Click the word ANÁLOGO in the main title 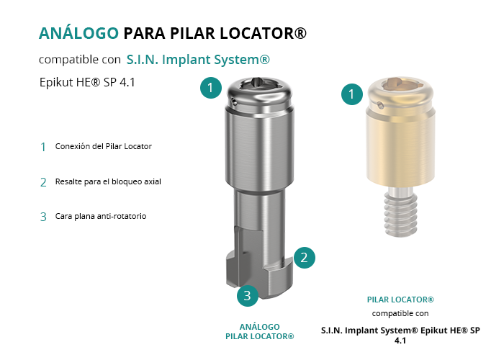tap(78, 33)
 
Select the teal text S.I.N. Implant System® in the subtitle tap(198, 60)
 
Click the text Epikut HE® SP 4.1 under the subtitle tap(87, 82)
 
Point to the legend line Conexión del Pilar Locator tap(103, 146)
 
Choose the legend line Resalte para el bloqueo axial tap(108, 181)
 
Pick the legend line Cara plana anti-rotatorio tap(101, 216)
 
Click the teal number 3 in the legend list tap(43, 217)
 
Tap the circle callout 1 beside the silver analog tap(211, 87)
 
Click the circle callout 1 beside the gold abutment tap(352, 94)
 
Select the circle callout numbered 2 tap(304, 258)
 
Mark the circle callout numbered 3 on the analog tap(248, 295)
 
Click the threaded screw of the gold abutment tap(401, 212)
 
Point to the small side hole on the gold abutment tap(380, 105)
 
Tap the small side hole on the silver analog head tap(235, 102)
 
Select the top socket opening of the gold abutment tap(400, 84)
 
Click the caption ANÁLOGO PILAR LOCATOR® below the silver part tap(260, 332)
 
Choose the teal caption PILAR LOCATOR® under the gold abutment tap(400, 300)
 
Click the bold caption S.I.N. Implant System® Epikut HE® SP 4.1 tap(400, 336)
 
